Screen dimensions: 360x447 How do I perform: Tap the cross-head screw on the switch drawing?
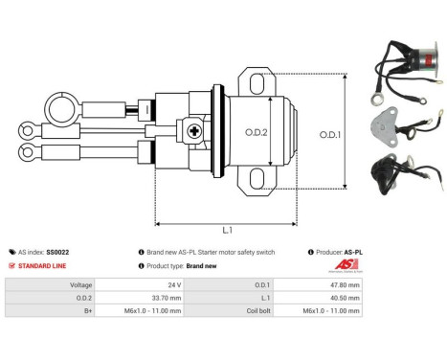coord(196,131)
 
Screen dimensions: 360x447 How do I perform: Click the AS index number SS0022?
coord(59,252)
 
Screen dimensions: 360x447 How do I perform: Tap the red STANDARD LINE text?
coord(44,265)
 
